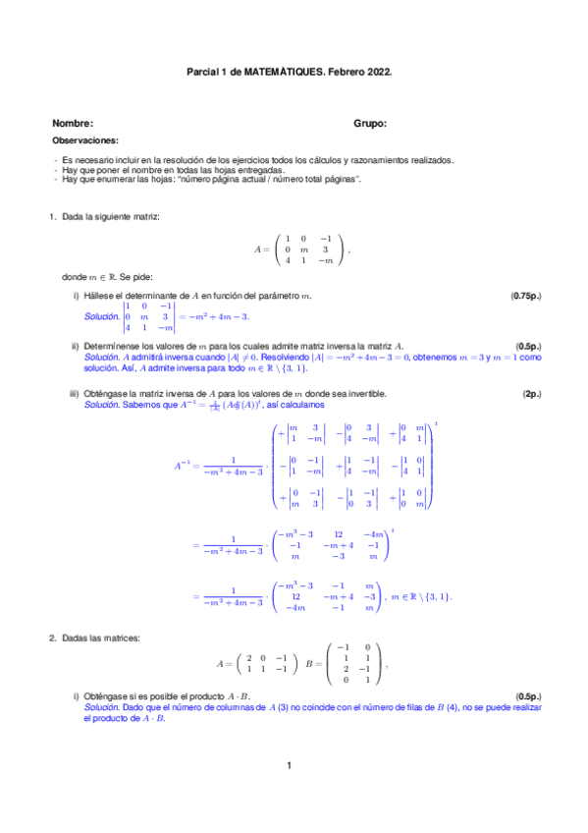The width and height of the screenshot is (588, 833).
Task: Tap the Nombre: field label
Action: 73,124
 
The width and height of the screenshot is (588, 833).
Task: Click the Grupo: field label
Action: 370,124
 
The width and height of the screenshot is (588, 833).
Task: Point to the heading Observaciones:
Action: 84,141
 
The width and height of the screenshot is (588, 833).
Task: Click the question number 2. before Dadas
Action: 53,639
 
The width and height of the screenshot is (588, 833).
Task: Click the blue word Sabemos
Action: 140,405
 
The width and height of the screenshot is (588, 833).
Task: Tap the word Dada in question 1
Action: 75,216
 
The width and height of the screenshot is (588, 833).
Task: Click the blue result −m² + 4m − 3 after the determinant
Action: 217,316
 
